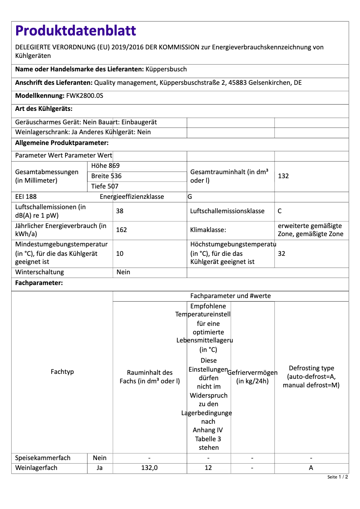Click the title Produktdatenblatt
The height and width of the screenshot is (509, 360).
point(75,31)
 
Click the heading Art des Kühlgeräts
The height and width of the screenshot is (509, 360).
point(44,109)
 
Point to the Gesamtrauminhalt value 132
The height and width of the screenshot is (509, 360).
point(283,176)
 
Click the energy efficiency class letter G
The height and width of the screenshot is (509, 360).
point(190,197)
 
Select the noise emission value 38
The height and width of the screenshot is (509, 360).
point(120,211)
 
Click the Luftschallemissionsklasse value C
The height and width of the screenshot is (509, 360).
point(280,211)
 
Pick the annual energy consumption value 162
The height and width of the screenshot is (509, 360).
point(121,230)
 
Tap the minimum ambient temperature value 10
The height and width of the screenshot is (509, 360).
point(120,254)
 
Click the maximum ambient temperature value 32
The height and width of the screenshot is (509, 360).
point(281,254)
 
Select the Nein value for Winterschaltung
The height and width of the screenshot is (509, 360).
point(123,272)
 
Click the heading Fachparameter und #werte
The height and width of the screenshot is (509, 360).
point(230,296)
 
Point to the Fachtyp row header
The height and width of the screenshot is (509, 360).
point(62,372)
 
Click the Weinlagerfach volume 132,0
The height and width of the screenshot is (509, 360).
point(149,468)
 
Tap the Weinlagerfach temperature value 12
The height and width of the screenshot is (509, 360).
point(208,468)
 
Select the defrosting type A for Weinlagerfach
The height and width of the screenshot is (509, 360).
point(311,468)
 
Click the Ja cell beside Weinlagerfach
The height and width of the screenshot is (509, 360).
point(100,468)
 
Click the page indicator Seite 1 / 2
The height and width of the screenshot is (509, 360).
point(338,477)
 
